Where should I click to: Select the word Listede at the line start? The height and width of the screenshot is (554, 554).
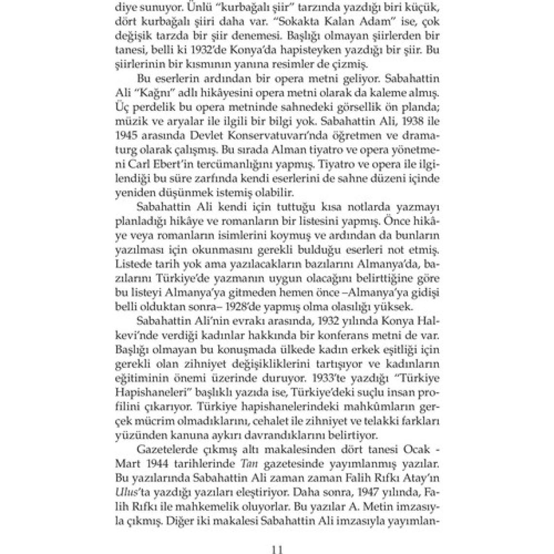pos(130,264)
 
